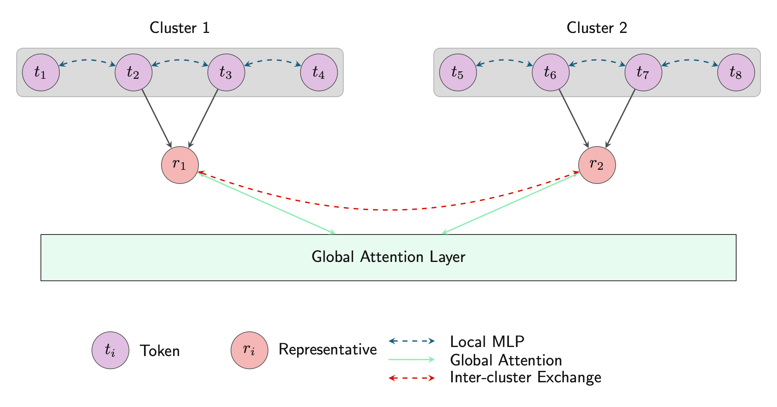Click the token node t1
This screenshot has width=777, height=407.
41,73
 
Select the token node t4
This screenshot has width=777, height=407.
319,73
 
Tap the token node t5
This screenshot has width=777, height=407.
458,73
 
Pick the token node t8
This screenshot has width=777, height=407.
736,73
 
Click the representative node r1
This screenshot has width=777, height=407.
180,165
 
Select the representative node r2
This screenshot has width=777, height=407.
597,165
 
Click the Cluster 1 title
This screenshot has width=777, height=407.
180,28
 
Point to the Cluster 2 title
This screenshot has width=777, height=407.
597,28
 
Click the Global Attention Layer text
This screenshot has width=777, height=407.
388,257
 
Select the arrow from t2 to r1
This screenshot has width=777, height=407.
157,118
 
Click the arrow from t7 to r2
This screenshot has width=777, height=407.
620,118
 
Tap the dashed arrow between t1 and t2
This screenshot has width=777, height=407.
87,60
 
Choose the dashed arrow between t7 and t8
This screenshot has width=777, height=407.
689,60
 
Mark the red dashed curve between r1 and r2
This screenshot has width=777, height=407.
388,210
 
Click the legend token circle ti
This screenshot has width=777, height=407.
110,350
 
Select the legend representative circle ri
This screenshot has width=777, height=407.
249,350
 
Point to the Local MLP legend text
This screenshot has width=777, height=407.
487,342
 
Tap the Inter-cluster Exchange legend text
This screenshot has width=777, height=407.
525,377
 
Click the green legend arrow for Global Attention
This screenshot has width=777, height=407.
411,360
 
